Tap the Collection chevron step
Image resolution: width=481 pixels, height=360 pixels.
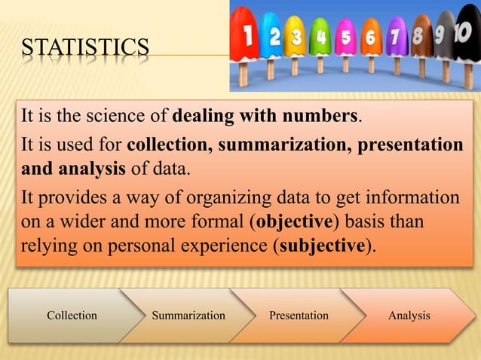[x=72, y=316]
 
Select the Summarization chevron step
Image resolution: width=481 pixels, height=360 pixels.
[x=188, y=316]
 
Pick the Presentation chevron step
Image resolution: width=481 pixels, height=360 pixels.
[x=299, y=316]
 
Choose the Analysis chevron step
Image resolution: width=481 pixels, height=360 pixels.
[x=409, y=316]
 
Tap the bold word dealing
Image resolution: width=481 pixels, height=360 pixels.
[x=203, y=117]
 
